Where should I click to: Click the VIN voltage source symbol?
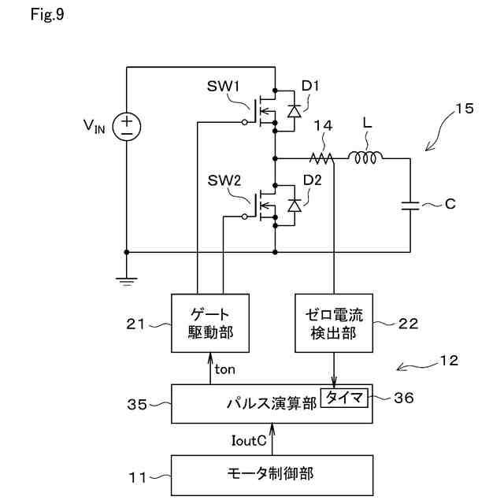pos(127,126)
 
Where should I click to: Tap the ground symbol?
pos(127,282)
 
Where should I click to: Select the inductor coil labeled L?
pos(365,157)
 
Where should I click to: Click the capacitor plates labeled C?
pos(410,206)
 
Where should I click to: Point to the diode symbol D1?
pos(294,111)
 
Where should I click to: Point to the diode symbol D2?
pos(295,206)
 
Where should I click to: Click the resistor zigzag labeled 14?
pos(321,158)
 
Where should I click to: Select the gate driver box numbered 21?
pos(210,323)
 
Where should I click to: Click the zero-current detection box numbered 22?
pos(334,323)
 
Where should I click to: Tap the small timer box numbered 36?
pos(344,398)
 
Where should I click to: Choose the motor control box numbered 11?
pos(272,475)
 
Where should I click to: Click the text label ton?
pos(224,369)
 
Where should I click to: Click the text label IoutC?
pos(249,441)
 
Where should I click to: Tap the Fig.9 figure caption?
pos(47,14)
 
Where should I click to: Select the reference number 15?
pos(465,109)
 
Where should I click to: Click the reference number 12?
pos(449,361)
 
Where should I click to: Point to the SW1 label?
pos(223,86)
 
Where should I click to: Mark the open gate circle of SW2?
pos(245,217)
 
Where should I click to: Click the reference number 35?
pos(137,404)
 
